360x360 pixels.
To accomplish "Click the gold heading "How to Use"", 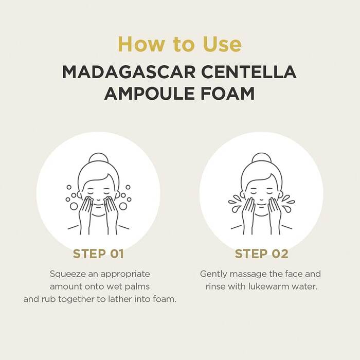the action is pyautogui.click(x=180, y=44).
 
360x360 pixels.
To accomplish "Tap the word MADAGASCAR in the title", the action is pyautogui.click(x=129, y=72).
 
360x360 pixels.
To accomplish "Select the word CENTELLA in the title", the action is pyautogui.click(x=249, y=72).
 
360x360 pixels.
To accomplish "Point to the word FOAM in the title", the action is pyautogui.click(x=228, y=93).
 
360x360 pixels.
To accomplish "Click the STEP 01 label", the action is pyautogui.click(x=98, y=254).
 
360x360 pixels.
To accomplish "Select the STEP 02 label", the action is pyautogui.click(x=261, y=254).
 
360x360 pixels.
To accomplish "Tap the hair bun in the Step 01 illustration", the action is pyautogui.click(x=99, y=158).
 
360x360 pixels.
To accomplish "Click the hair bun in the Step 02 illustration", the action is pyautogui.click(x=261, y=158).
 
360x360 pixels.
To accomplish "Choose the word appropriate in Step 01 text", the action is pyautogui.click(x=125, y=274).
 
